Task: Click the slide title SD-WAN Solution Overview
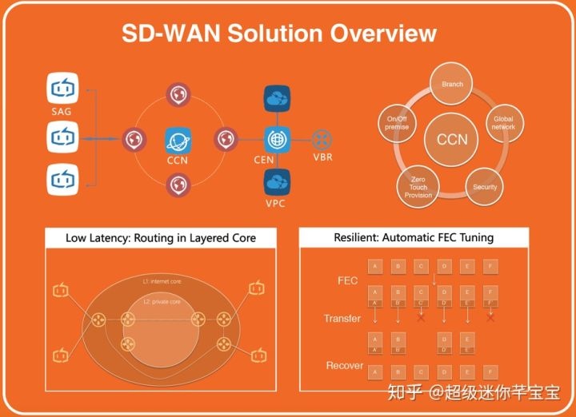(x=278, y=34)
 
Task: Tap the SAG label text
(x=62, y=111)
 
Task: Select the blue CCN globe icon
(x=178, y=140)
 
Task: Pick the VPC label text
(x=276, y=203)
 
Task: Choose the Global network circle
(x=503, y=123)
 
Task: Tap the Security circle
(x=485, y=186)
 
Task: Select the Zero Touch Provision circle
(x=418, y=186)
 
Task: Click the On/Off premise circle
(x=397, y=123)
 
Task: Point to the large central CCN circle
(x=452, y=139)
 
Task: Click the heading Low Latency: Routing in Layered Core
(x=160, y=237)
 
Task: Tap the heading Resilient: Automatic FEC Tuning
(x=414, y=237)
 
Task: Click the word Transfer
(x=342, y=318)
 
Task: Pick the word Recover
(x=344, y=365)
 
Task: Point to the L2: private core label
(x=162, y=303)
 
